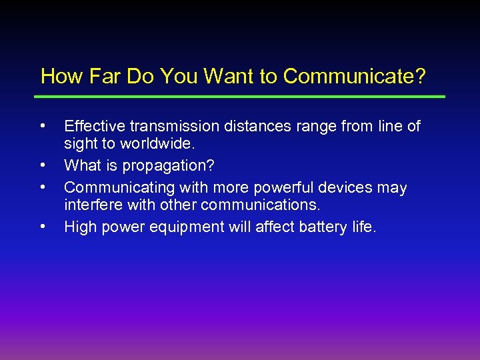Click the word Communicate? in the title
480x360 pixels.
(x=354, y=77)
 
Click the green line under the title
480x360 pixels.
(x=240, y=97)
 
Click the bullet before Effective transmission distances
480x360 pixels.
(x=43, y=124)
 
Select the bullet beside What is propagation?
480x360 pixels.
(x=43, y=163)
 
